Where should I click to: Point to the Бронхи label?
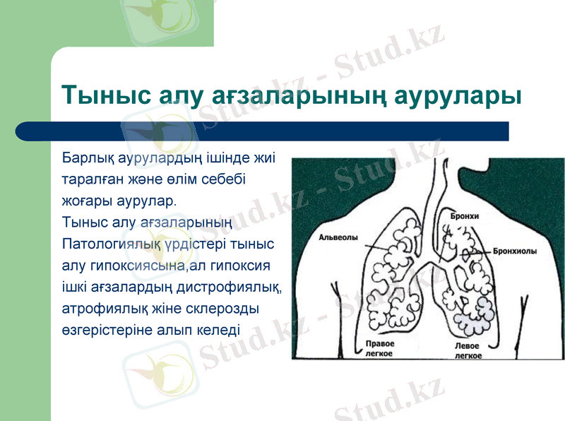pos(465,215)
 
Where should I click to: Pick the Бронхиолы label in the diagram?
pos(514,251)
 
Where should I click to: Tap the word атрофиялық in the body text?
pos(105,309)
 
